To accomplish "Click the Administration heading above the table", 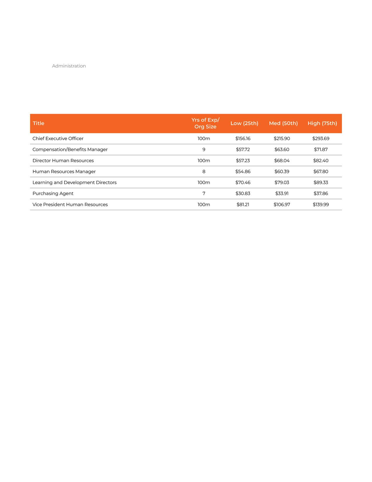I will point(69,66).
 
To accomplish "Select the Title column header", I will point(39,123).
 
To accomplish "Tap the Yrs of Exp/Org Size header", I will point(205,123).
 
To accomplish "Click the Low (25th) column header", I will point(244,123).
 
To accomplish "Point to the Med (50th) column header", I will point(283,123).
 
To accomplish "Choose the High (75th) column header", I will point(322,123).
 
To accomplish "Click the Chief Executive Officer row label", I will point(58,138).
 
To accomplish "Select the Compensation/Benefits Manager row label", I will point(70,150).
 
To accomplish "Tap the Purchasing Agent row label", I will point(53,193).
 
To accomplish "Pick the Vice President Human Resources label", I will point(70,204).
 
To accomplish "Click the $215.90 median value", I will point(282,138).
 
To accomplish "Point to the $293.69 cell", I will point(321,138).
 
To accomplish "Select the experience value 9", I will point(204,150).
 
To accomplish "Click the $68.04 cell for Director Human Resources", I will point(282,161).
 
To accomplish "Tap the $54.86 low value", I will point(243,171).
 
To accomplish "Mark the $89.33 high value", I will point(321,183).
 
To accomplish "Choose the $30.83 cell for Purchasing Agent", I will point(243,193).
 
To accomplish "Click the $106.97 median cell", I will point(282,204).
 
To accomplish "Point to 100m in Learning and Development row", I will point(204,183).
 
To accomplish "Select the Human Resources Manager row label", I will point(64,171).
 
